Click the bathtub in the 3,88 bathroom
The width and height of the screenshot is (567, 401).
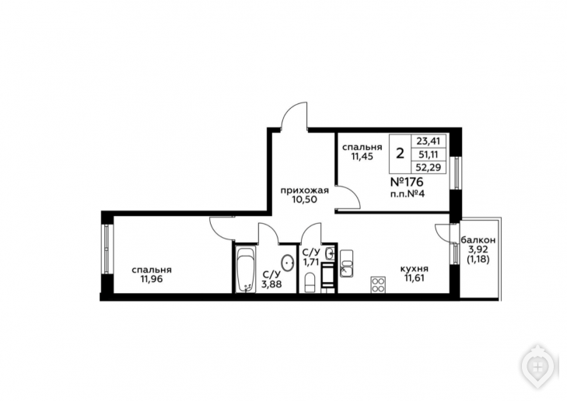pyautogui.click(x=246, y=269)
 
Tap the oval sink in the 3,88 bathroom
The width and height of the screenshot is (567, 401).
pyautogui.click(x=289, y=263)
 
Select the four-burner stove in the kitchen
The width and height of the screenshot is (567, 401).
pyautogui.click(x=378, y=284)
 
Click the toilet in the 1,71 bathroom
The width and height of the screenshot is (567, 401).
pyautogui.click(x=310, y=283)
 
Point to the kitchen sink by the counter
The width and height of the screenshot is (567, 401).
pyautogui.click(x=346, y=269)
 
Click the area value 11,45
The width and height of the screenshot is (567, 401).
pyautogui.click(x=362, y=156)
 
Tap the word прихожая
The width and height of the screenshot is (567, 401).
pyautogui.click(x=305, y=190)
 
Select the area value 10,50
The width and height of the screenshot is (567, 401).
pyautogui.click(x=305, y=200)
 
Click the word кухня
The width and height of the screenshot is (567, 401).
pyautogui.click(x=414, y=269)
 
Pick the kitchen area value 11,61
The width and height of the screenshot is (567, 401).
pyautogui.click(x=415, y=277)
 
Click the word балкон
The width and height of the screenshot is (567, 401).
pyautogui.click(x=478, y=240)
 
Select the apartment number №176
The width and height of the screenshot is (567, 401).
pyautogui.click(x=407, y=182)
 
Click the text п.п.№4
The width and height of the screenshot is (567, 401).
pyautogui.click(x=408, y=194)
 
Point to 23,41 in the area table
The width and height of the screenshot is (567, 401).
pyautogui.click(x=428, y=141)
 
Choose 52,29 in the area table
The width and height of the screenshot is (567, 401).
pyautogui.click(x=428, y=167)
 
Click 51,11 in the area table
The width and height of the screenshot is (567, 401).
pyautogui.click(x=428, y=154)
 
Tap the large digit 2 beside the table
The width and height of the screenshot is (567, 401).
pyautogui.click(x=400, y=154)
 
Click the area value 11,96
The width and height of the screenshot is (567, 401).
pyautogui.click(x=152, y=279)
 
